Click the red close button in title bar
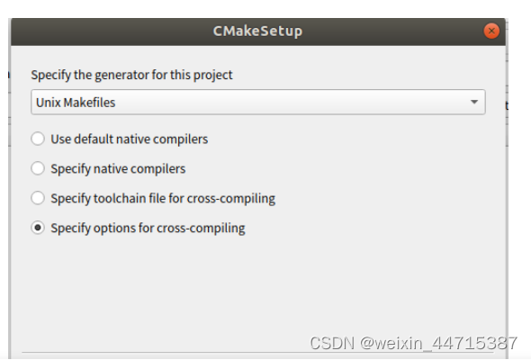[x=490, y=31]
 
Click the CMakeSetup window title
[x=257, y=31]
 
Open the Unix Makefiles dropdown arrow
[x=473, y=103]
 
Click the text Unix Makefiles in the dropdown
[x=76, y=103]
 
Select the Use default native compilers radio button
[x=38, y=139]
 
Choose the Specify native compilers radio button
[x=38, y=168]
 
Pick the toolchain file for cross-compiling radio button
[x=38, y=198]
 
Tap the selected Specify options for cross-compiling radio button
[x=38, y=228]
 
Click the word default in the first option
[x=94, y=139]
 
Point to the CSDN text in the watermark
[x=328, y=343]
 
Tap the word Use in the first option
[x=60, y=139]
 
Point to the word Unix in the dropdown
[x=48, y=103]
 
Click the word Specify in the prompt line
[x=51, y=75]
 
